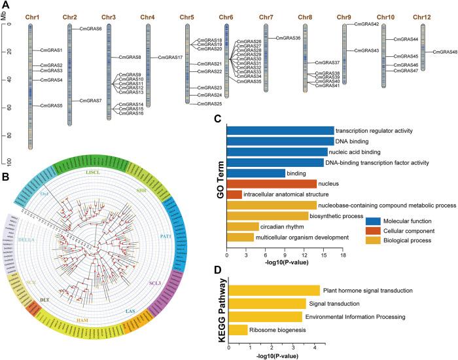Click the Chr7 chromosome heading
266,16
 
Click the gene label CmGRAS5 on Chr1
51,105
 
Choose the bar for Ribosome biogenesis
238,330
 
